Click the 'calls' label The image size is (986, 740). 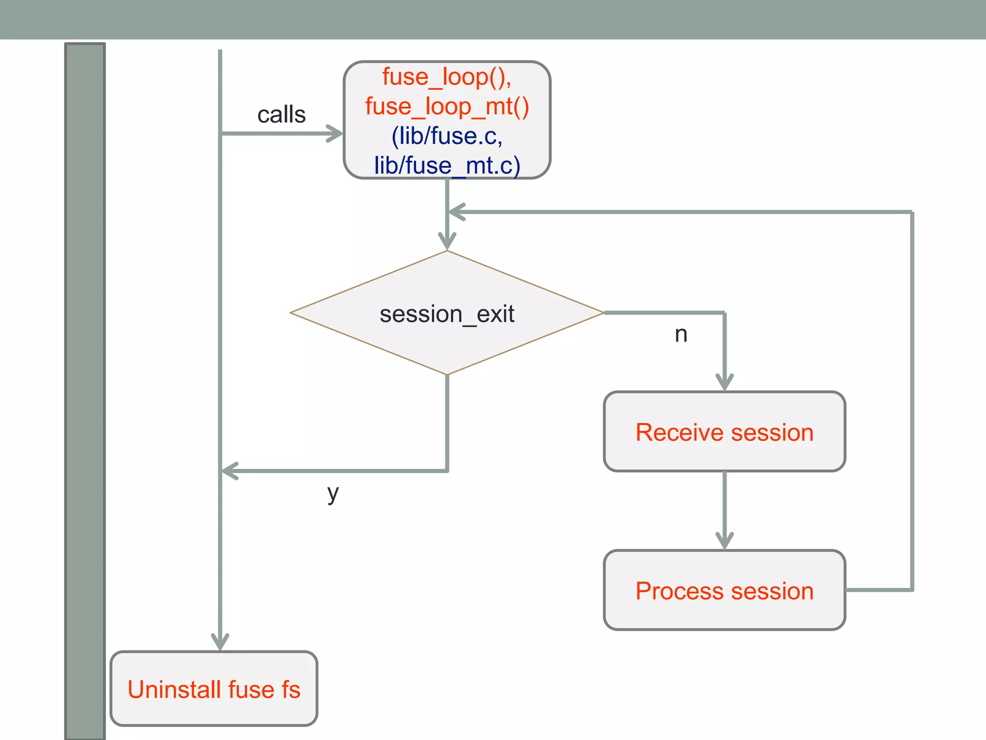point(281,115)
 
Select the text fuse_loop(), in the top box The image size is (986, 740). point(446,77)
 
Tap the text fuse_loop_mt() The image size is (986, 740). point(447,106)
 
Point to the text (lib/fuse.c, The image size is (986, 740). point(447,136)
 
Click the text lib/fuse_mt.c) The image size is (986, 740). point(447,165)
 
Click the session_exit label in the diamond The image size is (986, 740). point(447,314)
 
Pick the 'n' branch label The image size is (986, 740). point(680,334)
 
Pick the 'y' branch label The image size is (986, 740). point(333,493)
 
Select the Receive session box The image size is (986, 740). point(724,432)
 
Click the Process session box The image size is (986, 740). point(724,590)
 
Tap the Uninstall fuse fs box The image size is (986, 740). point(214,688)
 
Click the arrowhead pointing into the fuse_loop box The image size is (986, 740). point(336,133)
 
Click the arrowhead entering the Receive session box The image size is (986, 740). point(724,383)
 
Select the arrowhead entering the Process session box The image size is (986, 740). point(724,542)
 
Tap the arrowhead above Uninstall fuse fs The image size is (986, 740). point(220,643)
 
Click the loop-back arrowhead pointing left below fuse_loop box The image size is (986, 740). point(456,212)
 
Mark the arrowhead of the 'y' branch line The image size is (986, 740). point(230,471)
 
